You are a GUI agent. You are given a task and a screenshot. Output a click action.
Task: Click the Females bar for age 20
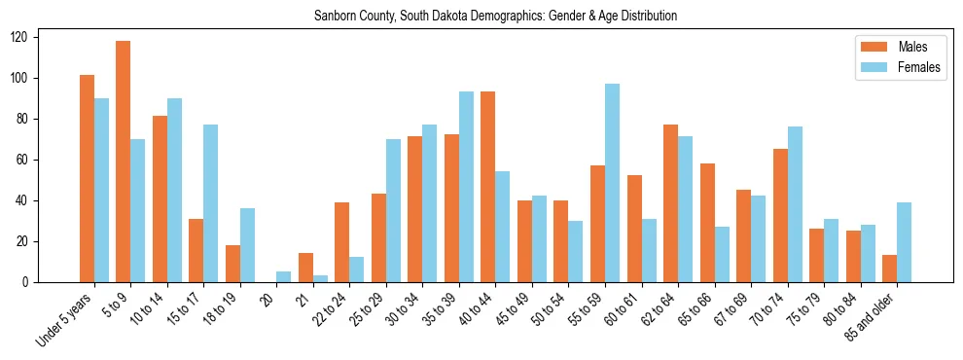tap(284, 276)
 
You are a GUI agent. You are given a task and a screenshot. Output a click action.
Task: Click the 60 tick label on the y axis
tap(54, 160)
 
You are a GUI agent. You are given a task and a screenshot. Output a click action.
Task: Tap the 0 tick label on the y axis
tap(57, 282)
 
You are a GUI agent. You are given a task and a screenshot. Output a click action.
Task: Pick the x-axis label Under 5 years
tap(66, 316)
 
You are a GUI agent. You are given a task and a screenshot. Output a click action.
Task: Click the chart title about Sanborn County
tap(495, 17)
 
